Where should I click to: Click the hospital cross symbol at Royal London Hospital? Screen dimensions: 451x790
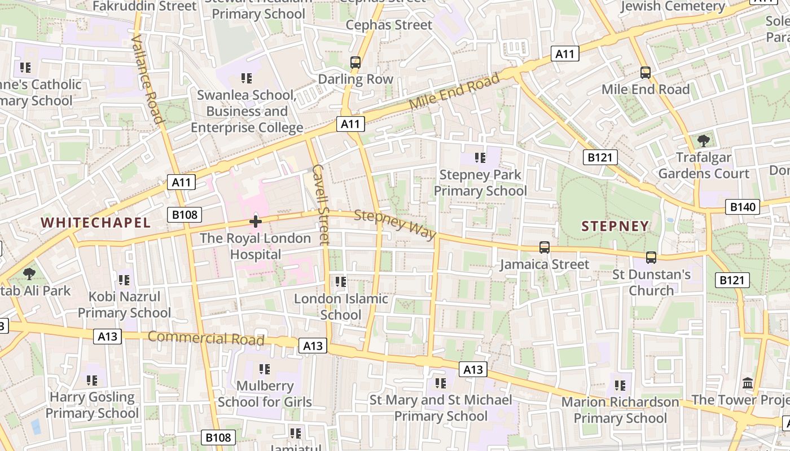click(x=256, y=222)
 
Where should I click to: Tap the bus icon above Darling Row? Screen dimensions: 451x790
click(x=355, y=63)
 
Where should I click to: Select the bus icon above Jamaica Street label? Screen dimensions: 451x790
click(x=544, y=247)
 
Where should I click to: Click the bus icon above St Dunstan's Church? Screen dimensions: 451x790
click(x=651, y=258)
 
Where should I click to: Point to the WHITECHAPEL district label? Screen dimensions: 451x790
click(x=96, y=223)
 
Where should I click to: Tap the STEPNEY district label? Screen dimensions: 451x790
click(x=615, y=226)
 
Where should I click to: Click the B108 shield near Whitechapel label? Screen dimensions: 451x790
click(x=185, y=214)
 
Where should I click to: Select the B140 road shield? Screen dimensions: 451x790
click(x=742, y=207)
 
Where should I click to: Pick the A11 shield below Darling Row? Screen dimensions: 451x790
click(x=351, y=124)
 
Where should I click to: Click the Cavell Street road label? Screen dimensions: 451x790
click(x=320, y=205)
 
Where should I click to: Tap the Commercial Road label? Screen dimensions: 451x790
click(x=206, y=338)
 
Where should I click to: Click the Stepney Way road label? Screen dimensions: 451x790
click(x=395, y=224)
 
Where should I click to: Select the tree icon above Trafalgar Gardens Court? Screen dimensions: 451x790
click(x=703, y=140)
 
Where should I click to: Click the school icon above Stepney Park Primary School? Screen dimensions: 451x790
click(x=480, y=158)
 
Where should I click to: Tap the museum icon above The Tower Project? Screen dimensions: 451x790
click(x=748, y=383)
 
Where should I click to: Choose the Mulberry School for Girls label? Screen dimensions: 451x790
click(x=265, y=394)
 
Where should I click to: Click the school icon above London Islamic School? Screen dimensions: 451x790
click(x=340, y=281)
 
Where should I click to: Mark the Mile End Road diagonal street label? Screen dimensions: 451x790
click(x=454, y=92)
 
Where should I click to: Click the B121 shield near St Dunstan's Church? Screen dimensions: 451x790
click(x=732, y=280)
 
